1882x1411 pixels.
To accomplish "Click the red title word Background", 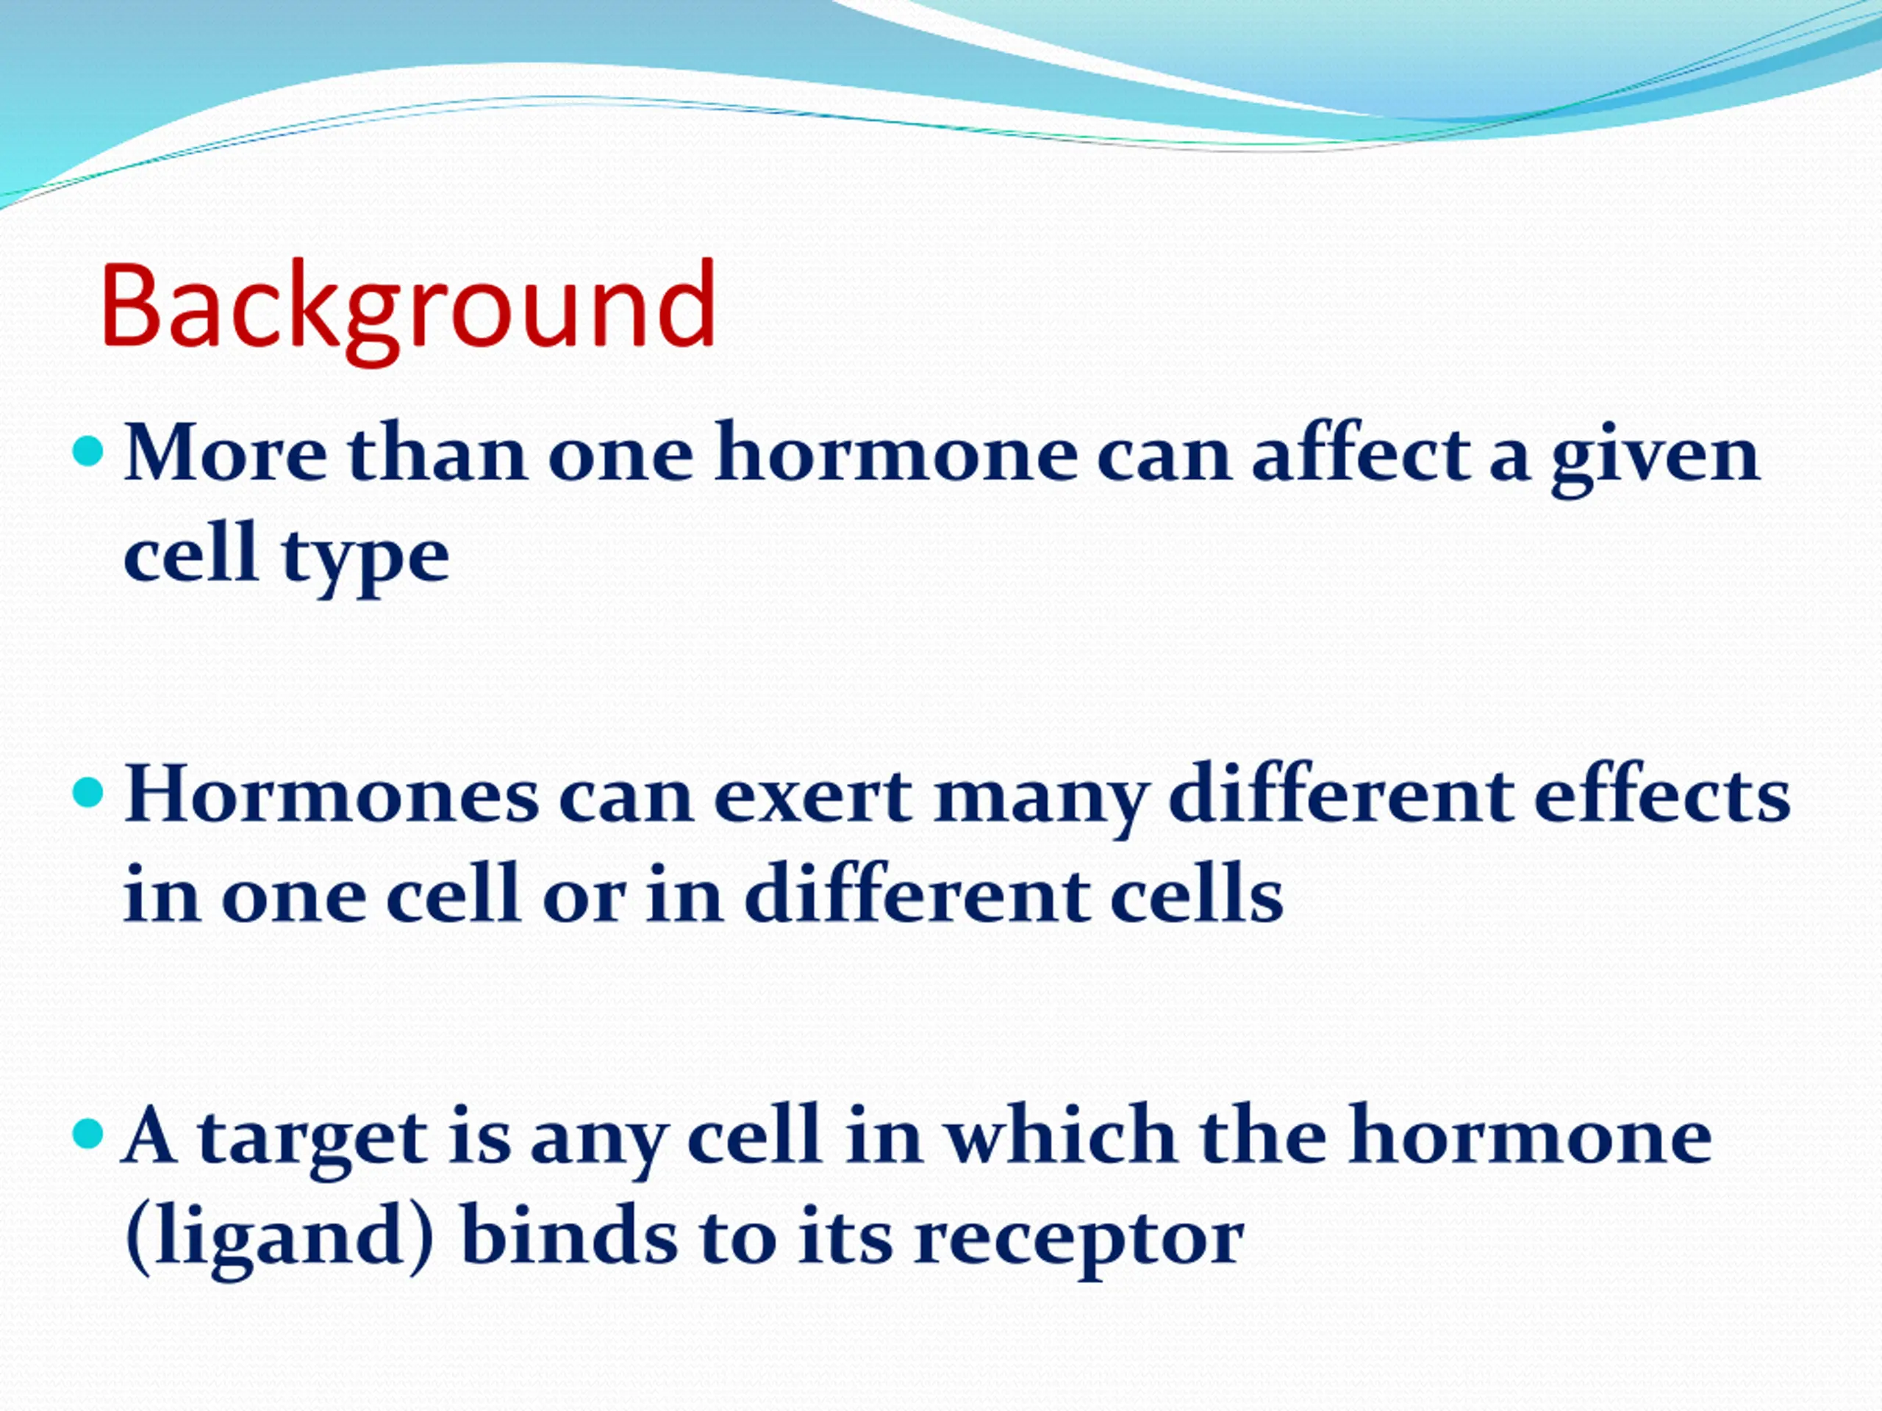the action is click(409, 310).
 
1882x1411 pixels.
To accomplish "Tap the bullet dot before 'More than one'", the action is click(88, 452).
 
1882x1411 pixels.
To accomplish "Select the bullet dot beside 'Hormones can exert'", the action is click(88, 794).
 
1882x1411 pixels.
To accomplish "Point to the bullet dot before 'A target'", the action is click(88, 1134).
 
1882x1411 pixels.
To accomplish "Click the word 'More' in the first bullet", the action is click(226, 454).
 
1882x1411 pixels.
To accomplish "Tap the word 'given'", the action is click(1655, 459).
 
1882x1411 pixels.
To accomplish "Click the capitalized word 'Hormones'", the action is click(332, 794).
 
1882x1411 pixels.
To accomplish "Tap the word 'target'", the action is click(312, 1141).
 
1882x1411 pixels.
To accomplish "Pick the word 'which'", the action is click(1062, 1133).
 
